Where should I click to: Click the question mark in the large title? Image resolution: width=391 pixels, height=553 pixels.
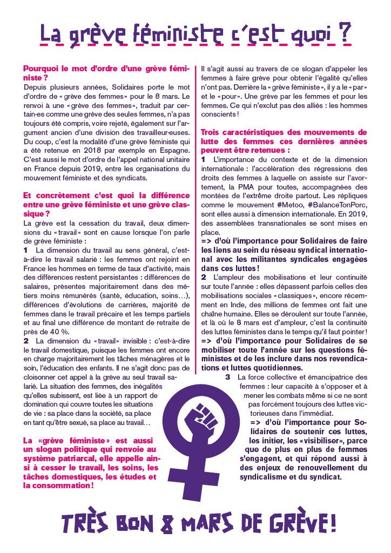coord(343,33)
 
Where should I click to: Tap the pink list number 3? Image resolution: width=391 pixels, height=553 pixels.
coord(228,376)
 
